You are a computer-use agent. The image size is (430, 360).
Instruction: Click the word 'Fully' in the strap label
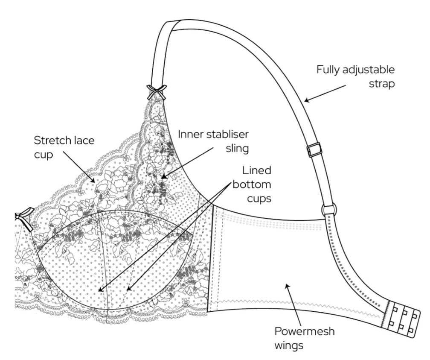[328, 69]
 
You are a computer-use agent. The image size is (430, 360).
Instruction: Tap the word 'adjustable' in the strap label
[369, 69]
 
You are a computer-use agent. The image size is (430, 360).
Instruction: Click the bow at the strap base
[156, 91]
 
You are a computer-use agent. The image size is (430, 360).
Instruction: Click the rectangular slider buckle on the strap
[314, 149]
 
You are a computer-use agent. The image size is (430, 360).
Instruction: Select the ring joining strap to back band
[329, 210]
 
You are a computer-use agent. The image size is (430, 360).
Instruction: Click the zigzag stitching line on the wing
[299, 304]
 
